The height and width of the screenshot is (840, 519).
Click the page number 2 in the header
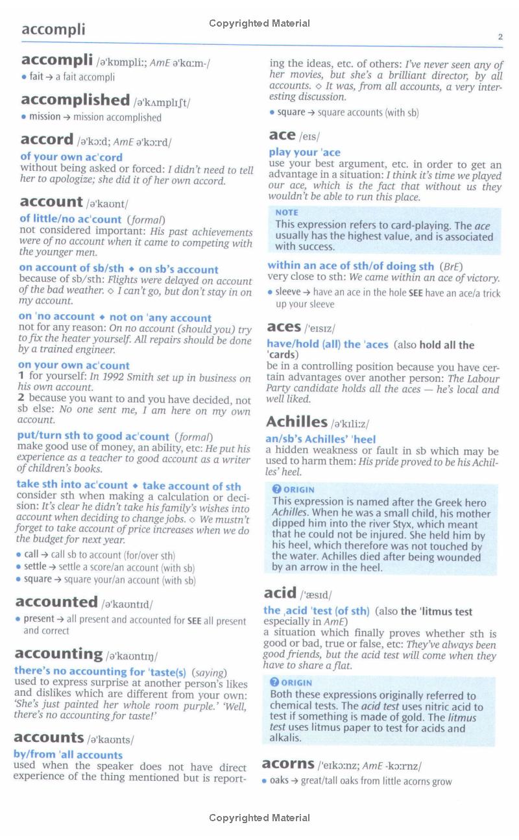500,37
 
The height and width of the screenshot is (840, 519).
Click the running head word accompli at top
53,29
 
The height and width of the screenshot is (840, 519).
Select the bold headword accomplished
75,100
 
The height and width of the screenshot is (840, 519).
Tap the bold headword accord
47,140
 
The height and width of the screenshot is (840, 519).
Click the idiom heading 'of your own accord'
71,157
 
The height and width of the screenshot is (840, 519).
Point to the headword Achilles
296,422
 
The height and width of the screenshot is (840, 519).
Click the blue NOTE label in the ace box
287,212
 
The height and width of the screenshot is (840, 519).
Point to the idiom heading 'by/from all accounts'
68,755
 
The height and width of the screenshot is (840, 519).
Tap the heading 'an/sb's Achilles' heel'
320,439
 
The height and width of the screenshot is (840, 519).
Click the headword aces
284,327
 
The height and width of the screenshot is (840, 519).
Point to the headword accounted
56,602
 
